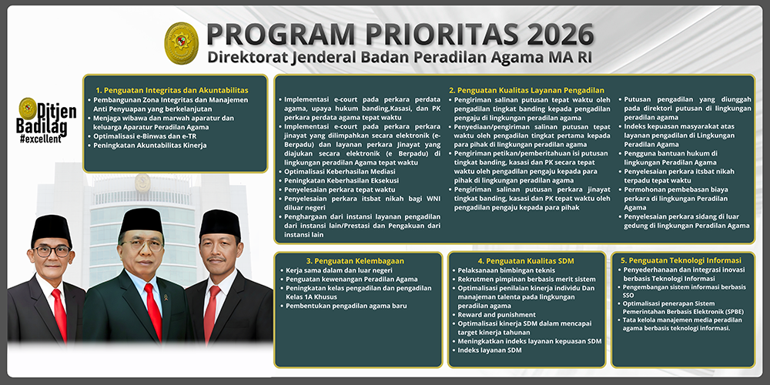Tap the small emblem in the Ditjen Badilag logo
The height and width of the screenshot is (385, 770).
(x=28, y=109)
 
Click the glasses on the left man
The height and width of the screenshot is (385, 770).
(x=52, y=251)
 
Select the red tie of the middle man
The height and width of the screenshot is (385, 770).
(x=152, y=308)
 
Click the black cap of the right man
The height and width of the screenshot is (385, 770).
(x=220, y=223)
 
